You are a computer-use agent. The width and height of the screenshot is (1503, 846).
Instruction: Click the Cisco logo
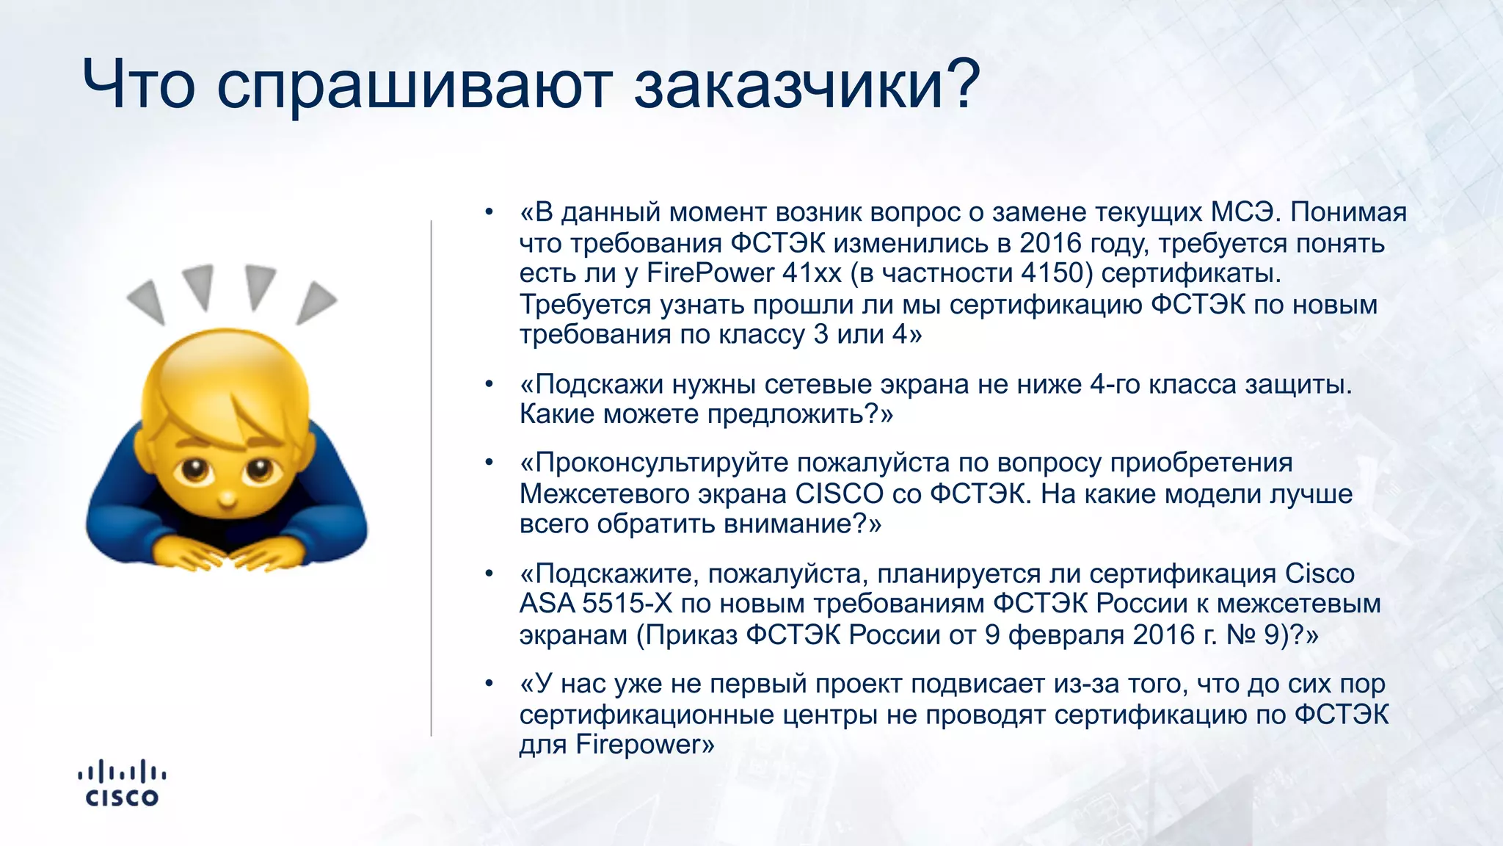point(122,784)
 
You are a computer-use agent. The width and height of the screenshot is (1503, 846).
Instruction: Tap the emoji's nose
point(228,500)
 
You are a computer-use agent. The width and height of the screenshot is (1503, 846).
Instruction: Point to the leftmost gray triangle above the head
point(148,301)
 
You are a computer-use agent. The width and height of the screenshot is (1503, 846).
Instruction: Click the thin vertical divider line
point(432,477)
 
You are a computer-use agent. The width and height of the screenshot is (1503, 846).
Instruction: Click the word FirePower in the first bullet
point(710,273)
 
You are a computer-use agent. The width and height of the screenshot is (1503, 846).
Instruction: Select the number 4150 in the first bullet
point(1052,273)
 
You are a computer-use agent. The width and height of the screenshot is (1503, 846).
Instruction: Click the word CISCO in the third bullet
point(839,493)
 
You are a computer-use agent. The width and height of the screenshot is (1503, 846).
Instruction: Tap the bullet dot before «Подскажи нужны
point(489,384)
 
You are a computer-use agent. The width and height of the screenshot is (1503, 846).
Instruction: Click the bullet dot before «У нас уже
point(489,684)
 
